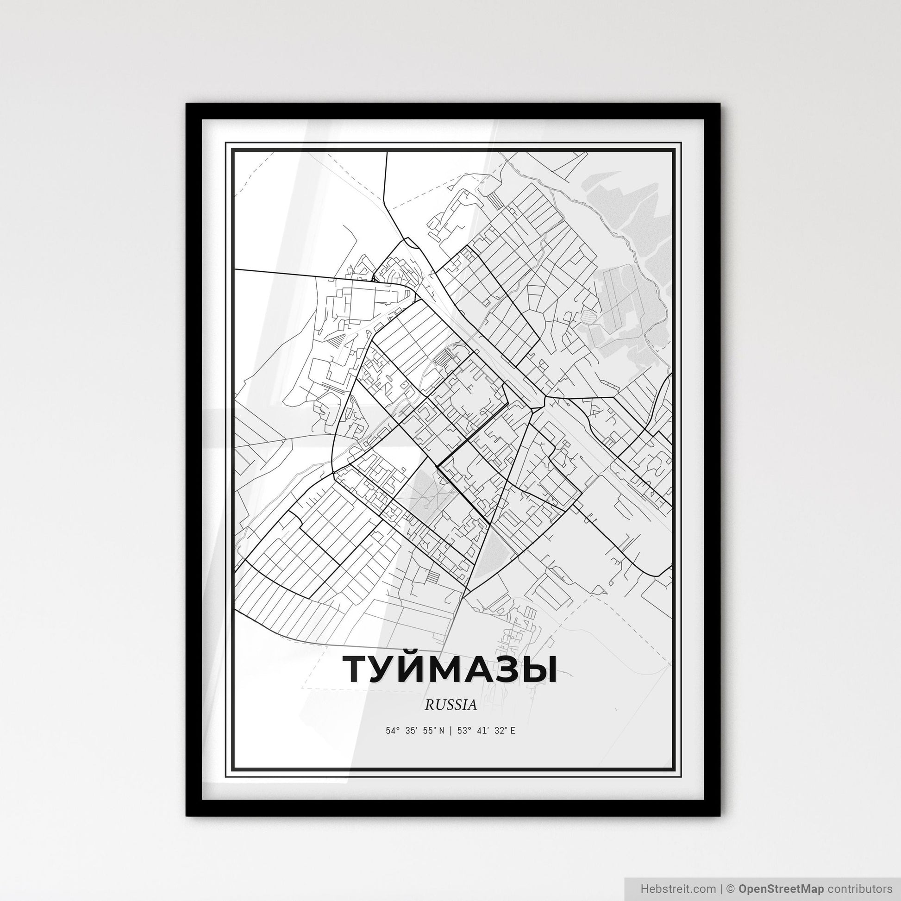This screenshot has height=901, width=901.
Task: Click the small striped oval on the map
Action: [588, 317]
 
